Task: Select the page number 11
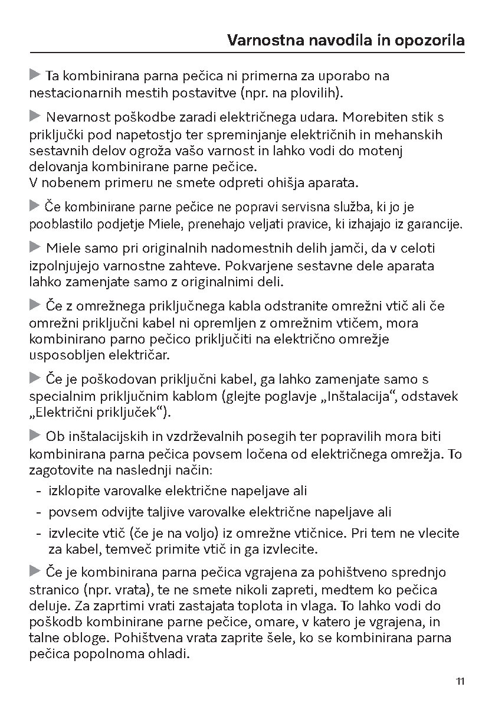pos(460,682)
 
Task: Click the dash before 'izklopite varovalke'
pos(38,491)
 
